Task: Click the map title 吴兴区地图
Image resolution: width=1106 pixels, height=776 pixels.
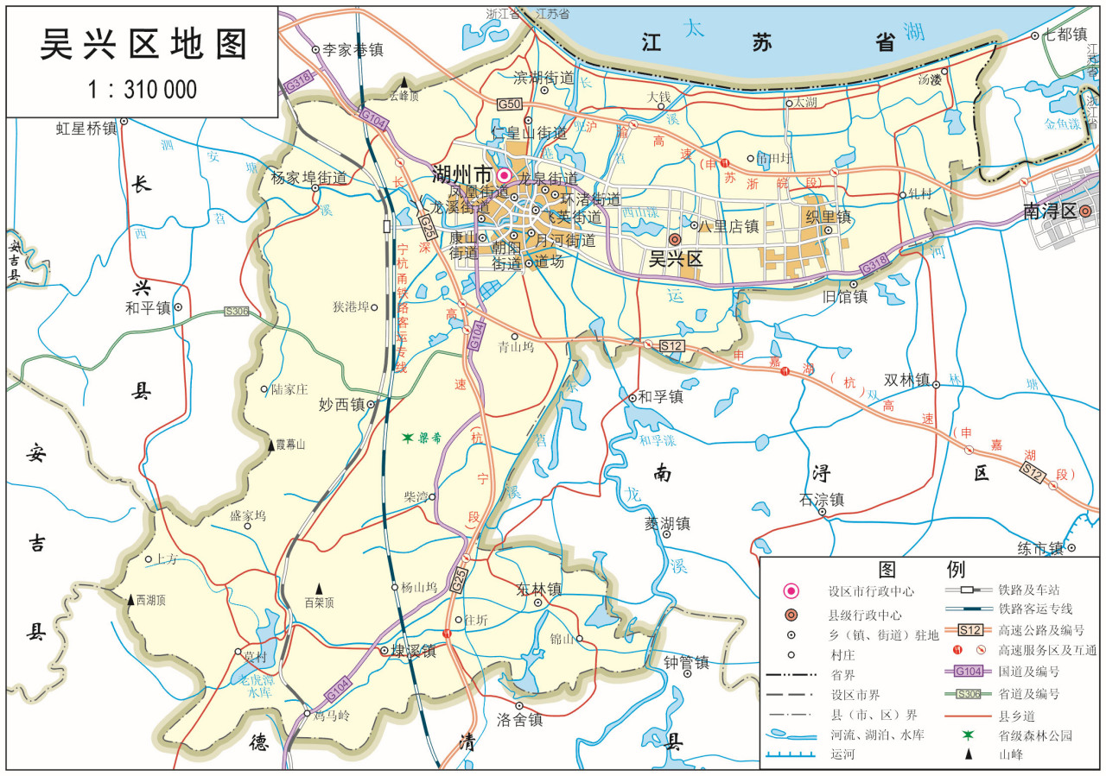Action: click(x=143, y=45)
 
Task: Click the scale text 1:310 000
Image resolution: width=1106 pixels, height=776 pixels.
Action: click(x=143, y=89)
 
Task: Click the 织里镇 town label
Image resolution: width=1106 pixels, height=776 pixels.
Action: click(x=828, y=215)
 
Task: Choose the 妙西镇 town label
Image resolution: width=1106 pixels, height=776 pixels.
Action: click(x=341, y=404)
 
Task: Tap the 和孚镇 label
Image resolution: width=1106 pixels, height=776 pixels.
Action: click(x=661, y=397)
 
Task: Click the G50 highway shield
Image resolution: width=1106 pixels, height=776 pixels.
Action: click(x=509, y=104)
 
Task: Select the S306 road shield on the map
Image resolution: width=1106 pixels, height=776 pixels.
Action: click(x=236, y=311)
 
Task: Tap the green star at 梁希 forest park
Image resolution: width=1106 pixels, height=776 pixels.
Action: click(x=408, y=438)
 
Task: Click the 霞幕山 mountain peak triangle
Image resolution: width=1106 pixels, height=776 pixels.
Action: click(x=270, y=445)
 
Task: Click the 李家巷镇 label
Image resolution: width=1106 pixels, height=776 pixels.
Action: click(x=352, y=50)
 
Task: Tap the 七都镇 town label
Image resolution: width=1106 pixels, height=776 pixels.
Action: click(x=1065, y=35)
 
